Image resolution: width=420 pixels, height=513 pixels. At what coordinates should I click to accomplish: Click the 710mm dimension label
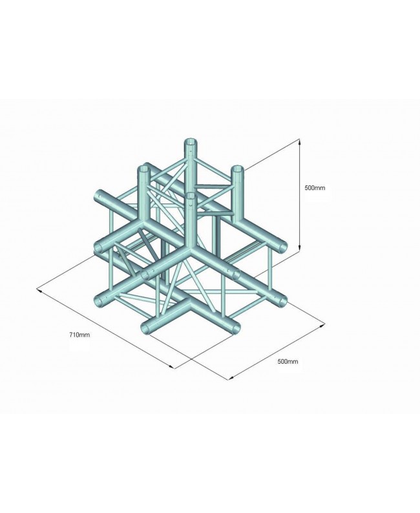click(x=79, y=334)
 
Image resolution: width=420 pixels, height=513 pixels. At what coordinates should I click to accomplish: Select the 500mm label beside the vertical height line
click(x=315, y=188)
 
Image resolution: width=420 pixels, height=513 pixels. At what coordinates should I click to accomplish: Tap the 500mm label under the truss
click(x=288, y=361)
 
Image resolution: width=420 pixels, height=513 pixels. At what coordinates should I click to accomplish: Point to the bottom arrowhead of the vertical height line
click(x=300, y=251)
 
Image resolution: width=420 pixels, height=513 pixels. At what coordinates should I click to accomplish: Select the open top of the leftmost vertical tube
click(x=143, y=170)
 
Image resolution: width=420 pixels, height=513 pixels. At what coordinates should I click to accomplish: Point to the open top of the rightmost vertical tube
click(x=238, y=170)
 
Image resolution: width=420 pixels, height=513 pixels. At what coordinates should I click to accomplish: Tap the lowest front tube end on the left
click(x=147, y=328)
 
